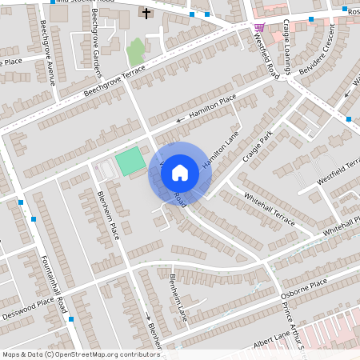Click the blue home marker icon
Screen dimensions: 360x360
pyautogui.click(x=180, y=173)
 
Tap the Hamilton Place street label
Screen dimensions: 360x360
pyautogui.click(x=213, y=107)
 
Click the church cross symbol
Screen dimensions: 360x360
pyautogui.click(x=146, y=13)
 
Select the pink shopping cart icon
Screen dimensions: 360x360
pyautogui.click(x=259, y=27)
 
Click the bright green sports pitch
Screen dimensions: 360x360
pyautogui.click(x=130, y=162)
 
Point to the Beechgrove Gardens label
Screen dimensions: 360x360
pyautogui.click(x=96, y=33)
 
